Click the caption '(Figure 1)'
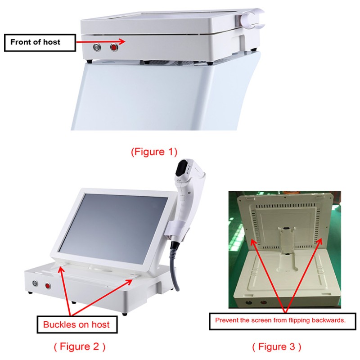click(x=154, y=152)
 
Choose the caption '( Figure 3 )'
click(x=276, y=346)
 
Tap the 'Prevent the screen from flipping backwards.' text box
click(x=283, y=320)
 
